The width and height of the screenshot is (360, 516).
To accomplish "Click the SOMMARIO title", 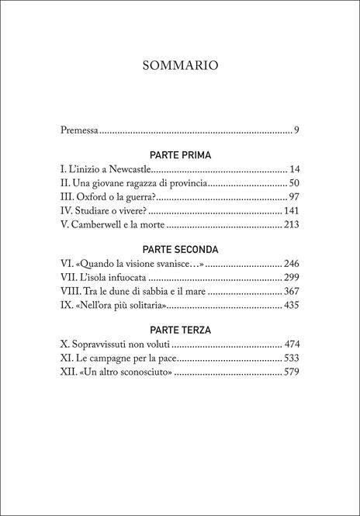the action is click(x=180, y=65).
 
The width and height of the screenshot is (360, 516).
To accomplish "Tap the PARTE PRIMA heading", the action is click(x=180, y=154).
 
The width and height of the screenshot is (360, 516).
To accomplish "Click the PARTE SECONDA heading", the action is click(x=180, y=249).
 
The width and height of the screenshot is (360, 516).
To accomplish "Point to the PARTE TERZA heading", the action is click(x=180, y=329).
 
